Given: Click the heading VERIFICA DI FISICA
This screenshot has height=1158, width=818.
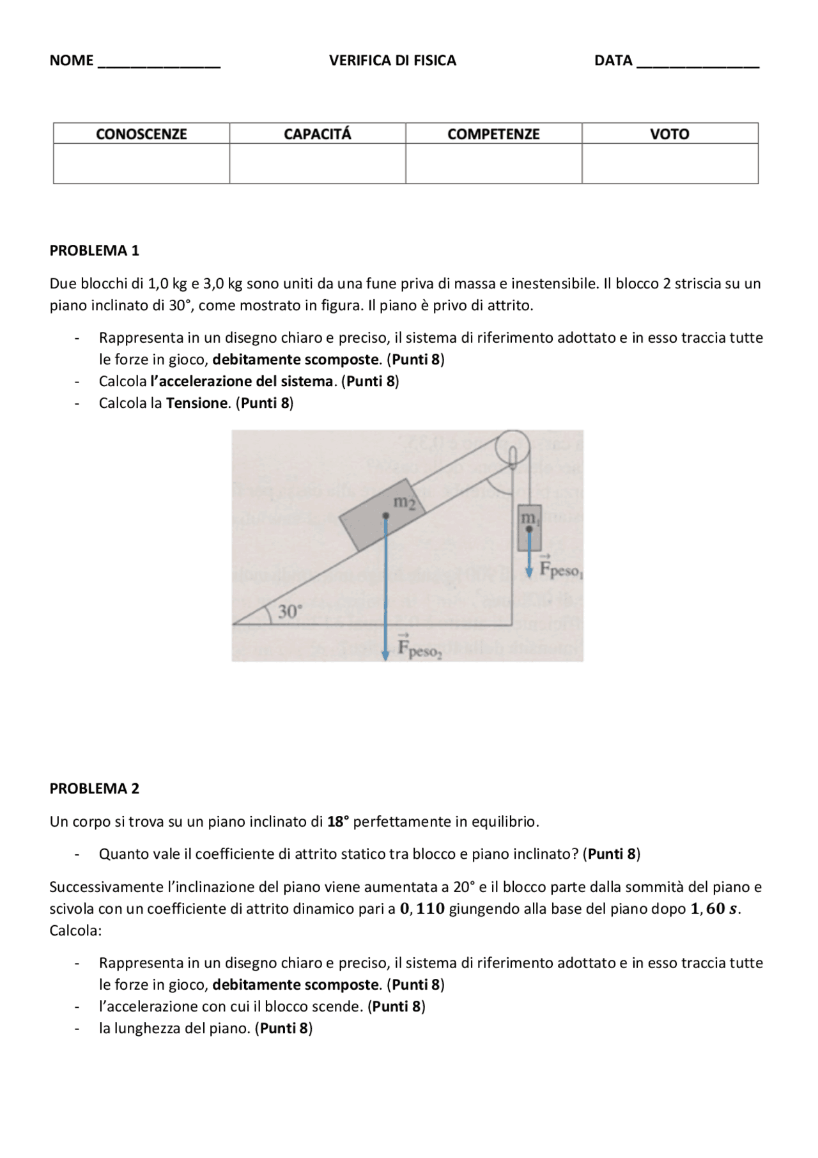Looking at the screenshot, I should pyautogui.click(x=392, y=61).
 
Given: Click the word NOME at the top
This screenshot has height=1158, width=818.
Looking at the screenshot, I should pyautogui.click(x=71, y=61).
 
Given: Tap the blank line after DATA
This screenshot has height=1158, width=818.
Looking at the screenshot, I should pyautogui.click(x=698, y=64).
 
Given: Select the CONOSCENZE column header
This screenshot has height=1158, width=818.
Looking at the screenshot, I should pyautogui.click(x=141, y=134).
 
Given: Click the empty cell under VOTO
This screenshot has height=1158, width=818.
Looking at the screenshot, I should pyautogui.click(x=670, y=164).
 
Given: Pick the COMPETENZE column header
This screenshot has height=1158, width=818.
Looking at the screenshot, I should pyautogui.click(x=493, y=134).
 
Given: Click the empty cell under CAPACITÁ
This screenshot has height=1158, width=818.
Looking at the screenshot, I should pyautogui.click(x=318, y=164).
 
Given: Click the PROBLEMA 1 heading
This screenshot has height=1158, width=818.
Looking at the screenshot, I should pyautogui.click(x=94, y=251).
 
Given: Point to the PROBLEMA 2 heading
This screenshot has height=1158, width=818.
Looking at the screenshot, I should pyautogui.click(x=94, y=788).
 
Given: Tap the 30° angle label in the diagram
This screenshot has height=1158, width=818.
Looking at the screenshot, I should pyautogui.click(x=289, y=611).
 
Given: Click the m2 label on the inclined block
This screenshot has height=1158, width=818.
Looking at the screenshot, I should pyautogui.click(x=404, y=503).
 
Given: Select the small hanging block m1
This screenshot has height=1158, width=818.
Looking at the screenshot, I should pyautogui.click(x=529, y=528).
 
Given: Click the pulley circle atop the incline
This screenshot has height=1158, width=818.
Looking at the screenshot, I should pyautogui.click(x=514, y=446).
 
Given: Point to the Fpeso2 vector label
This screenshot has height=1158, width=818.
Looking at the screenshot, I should pyautogui.click(x=419, y=646).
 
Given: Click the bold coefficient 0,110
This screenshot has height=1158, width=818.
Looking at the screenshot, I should pyautogui.click(x=422, y=909).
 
